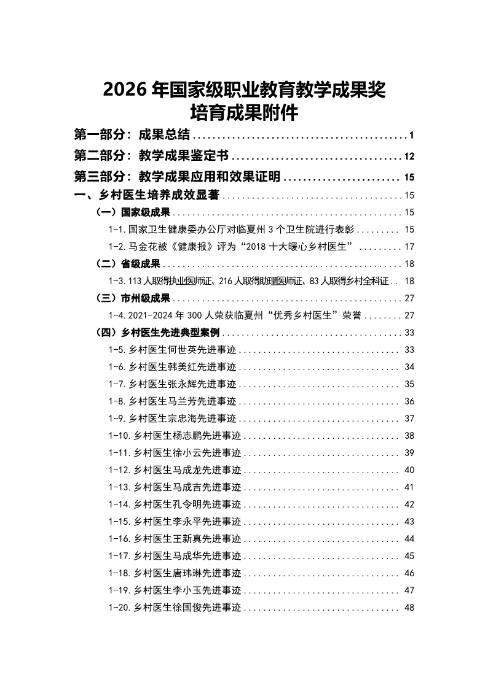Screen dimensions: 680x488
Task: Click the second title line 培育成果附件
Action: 244,114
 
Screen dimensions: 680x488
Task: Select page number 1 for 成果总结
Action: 412,136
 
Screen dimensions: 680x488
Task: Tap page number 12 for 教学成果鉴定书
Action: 410,156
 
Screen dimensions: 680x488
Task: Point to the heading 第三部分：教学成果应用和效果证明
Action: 177,177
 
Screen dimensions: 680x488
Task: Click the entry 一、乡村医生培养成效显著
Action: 147,196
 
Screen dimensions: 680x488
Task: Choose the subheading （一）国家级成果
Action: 133,213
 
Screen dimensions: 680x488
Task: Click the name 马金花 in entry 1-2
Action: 143,247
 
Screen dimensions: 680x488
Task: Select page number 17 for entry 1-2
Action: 410,247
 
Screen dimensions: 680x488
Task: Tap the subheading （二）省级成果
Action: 128,264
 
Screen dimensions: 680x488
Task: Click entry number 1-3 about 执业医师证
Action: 117,281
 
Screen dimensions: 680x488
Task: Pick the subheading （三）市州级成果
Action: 133,298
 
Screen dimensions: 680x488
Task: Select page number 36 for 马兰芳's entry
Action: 410,401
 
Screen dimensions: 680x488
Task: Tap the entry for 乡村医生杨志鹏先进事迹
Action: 187,436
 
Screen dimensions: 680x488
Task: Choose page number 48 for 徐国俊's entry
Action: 410,608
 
